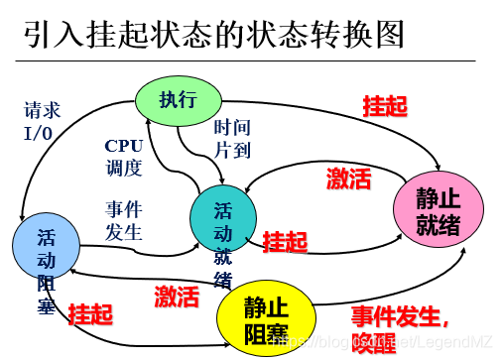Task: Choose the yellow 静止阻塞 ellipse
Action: click(266, 316)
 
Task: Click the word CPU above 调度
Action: click(124, 145)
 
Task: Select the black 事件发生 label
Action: click(124, 220)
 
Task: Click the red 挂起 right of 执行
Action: click(383, 105)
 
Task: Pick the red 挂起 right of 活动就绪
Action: click(285, 240)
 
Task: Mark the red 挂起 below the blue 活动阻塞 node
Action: click(91, 314)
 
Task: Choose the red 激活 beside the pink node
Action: click(348, 179)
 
